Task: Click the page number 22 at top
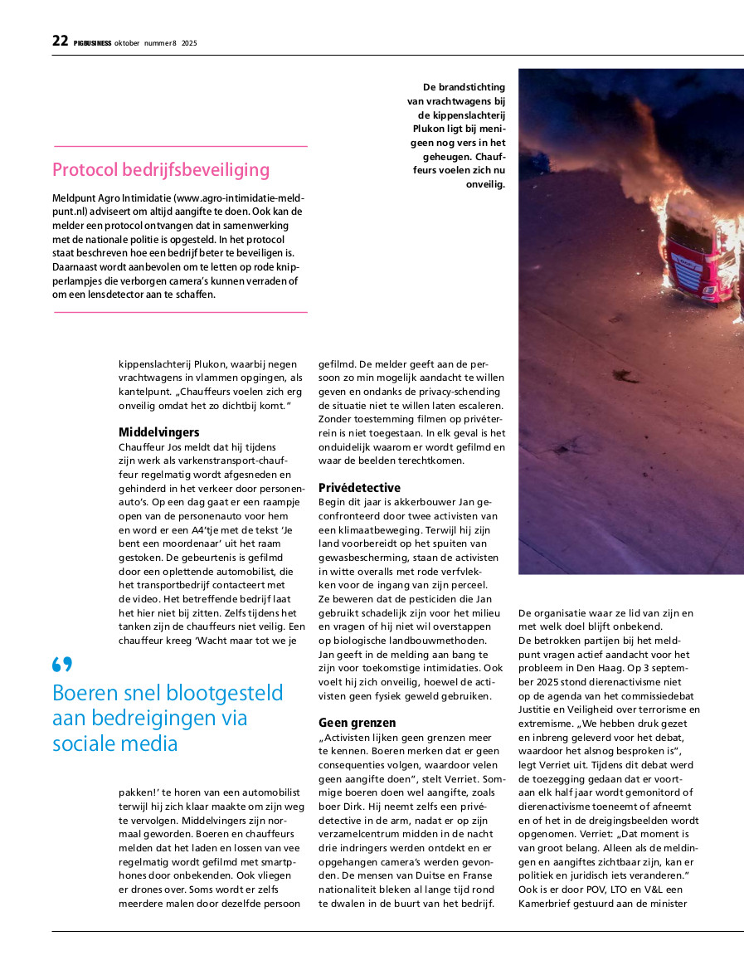click(60, 41)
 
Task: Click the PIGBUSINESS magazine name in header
click(92, 43)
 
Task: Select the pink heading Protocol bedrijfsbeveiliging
click(161, 170)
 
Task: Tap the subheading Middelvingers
click(159, 432)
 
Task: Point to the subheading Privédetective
click(359, 488)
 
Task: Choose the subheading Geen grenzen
click(357, 723)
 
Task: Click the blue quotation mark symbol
click(62, 665)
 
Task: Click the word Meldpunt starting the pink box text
click(75, 199)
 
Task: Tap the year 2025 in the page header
click(189, 43)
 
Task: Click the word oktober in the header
click(128, 43)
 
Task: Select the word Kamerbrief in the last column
click(546, 904)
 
